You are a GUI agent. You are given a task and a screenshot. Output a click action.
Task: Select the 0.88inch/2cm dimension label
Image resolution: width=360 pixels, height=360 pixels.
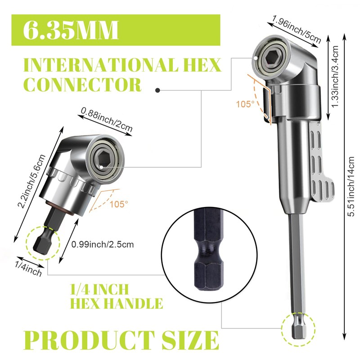[x=107, y=118]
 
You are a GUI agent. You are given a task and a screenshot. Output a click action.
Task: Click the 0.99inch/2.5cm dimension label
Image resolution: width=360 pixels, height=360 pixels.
[x=103, y=244]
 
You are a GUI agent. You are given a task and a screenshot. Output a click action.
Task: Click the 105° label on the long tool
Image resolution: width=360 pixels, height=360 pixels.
[x=245, y=103]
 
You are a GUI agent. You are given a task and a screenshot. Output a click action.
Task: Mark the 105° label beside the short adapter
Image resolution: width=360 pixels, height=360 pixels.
[x=118, y=203]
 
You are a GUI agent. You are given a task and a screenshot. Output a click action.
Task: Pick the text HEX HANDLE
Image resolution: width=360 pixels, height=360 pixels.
[x=116, y=303]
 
